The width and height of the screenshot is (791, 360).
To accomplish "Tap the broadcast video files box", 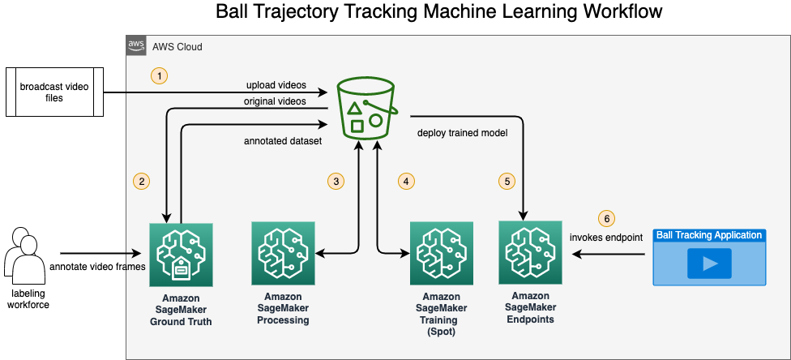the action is (54, 92).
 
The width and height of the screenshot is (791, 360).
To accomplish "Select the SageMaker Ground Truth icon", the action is (181, 255).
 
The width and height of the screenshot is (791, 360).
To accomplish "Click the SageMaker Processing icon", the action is (283, 254).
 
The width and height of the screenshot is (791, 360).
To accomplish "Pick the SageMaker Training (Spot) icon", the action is (442, 254).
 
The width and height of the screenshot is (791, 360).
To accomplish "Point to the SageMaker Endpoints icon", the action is (530, 252).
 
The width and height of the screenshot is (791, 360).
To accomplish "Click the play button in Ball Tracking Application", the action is (709, 263).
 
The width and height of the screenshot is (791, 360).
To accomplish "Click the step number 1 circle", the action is (160, 76).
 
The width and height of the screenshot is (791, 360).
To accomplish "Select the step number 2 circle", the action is (141, 181).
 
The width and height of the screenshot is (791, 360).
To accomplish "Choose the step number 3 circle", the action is (336, 181).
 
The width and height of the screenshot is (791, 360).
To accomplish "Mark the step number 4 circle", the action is (406, 181).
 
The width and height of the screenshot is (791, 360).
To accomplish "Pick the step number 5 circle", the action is (507, 181).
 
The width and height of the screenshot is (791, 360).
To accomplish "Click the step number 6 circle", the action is (607, 219).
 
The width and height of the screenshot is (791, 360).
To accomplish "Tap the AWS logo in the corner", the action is (135, 45).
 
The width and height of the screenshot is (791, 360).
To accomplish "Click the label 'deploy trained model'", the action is (462, 133).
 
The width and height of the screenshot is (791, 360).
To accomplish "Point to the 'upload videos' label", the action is (276, 84).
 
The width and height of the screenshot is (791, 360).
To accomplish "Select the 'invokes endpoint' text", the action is (606, 238).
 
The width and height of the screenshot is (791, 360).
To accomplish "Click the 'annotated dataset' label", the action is (283, 141).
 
